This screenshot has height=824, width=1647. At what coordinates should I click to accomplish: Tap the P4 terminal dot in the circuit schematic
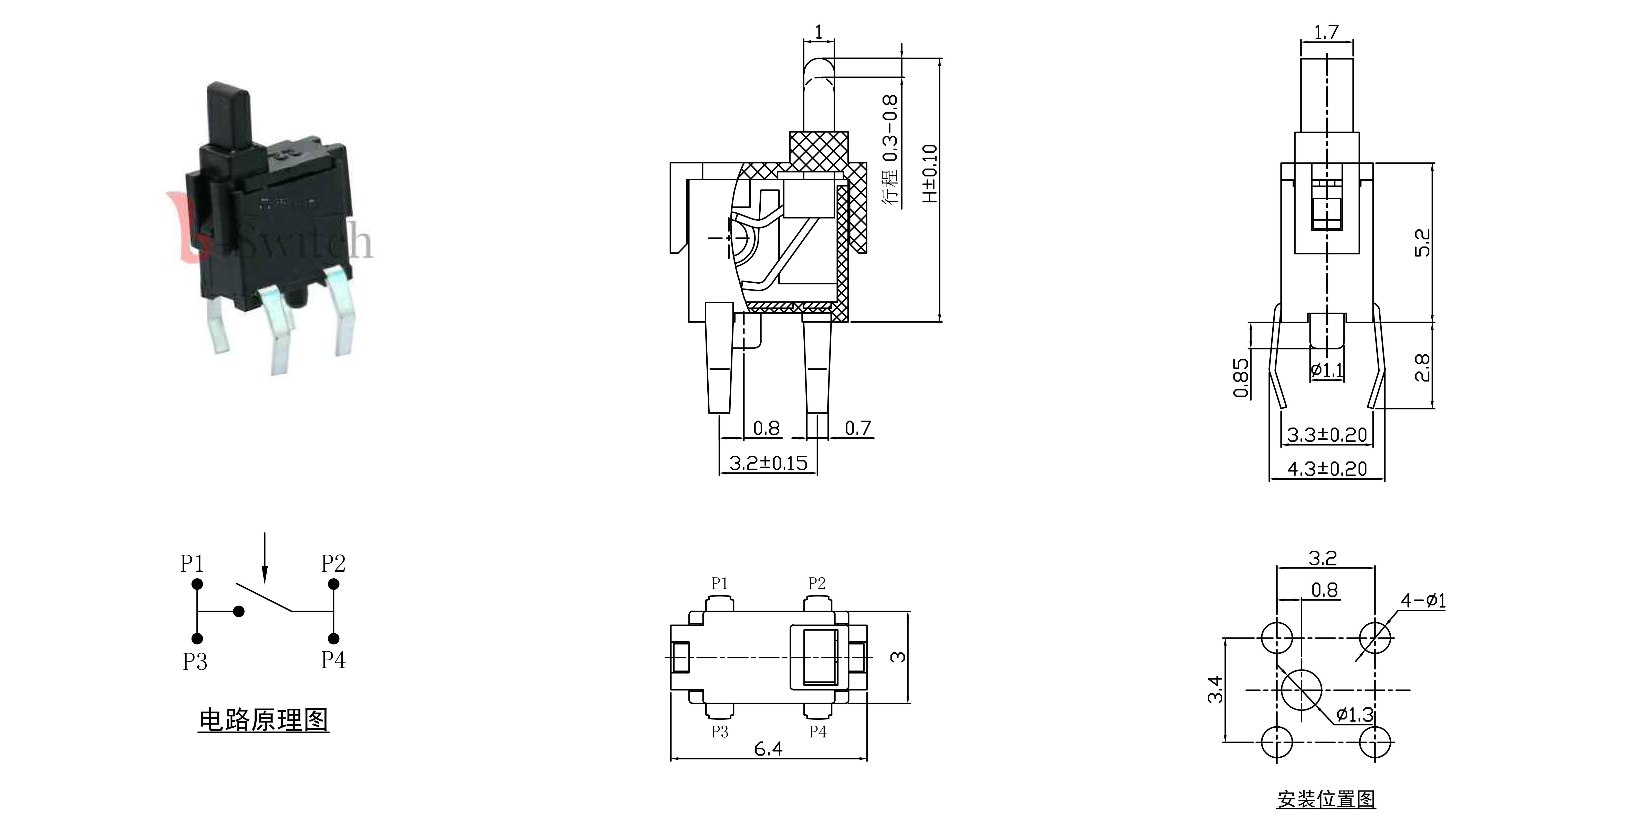pyautogui.click(x=334, y=638)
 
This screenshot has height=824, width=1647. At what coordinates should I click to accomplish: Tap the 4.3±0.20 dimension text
pyautogui.click(x=1327, y=469)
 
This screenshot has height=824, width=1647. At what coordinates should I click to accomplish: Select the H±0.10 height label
pyautogui.click(x=930, y=173)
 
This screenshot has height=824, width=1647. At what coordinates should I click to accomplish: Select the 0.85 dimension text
pyautogui.click(x=1240, y=377)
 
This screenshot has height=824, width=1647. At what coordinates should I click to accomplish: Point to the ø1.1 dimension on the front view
pyautogui.click(x=1327, y=370)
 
